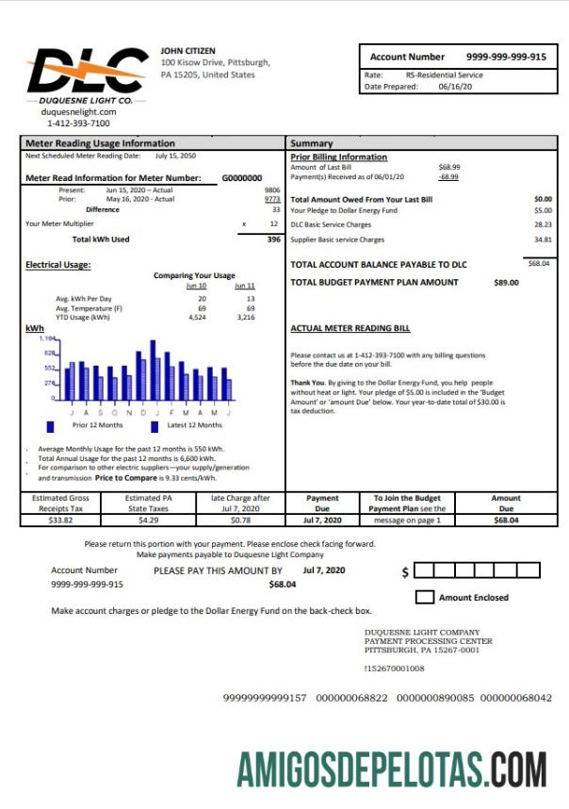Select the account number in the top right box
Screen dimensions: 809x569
point(506,57)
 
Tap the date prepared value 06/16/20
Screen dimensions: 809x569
point(456,87)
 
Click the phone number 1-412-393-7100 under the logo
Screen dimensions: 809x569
point(78,123)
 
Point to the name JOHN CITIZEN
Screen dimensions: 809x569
point(187,50)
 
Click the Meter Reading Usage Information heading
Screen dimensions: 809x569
point(87,143)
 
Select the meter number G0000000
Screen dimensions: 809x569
point(242,177)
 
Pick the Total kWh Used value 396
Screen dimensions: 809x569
point(274,239)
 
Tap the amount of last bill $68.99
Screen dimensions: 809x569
point(449,167)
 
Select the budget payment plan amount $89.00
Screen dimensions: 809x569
point(506,282)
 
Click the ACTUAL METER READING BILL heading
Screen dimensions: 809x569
point(350,329)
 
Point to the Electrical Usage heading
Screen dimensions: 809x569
point(57,265)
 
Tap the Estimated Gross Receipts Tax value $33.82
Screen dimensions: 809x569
point(60,520)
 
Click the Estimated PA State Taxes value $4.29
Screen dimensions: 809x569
point(149,520)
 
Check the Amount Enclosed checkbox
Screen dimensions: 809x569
point(425,597)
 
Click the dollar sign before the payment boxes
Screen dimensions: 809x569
point(405,572)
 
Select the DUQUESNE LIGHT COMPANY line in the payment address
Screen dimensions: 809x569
point(421,633)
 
